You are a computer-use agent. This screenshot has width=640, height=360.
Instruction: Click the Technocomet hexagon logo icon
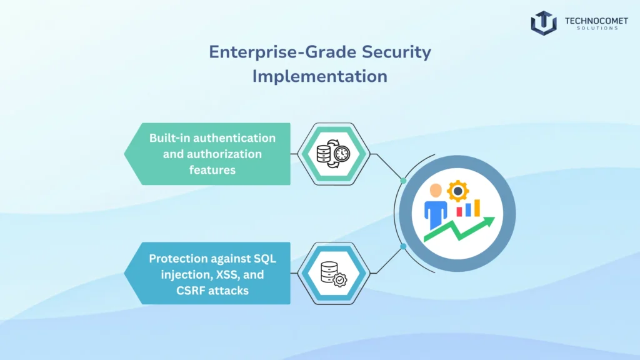pyautogui.click(x=544, y=23)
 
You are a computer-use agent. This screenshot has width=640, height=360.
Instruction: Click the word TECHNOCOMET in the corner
pyautogui.click(x=596, y=21)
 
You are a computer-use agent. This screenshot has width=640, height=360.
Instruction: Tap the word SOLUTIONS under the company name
pyautogui.click(x=597, y=28)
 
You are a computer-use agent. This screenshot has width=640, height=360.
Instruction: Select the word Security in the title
pyautogui.click(x=396, y=52)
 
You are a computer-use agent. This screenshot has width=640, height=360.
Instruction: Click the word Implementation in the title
pyautogui.click(x=319, y=76)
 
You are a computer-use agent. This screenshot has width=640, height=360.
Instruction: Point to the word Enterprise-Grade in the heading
pyautogui.click(x=283, y=52)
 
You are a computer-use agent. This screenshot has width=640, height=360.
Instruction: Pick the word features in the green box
pyautogui.click(x=212, y=170)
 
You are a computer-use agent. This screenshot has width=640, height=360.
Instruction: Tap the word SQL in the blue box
pyautogui.click(x=265, y=259)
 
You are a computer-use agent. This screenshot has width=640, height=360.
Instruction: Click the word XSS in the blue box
pyautogui.click(x=227, y=275)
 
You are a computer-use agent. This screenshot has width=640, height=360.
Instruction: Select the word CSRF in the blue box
pyautogui.click(x=190, y=291)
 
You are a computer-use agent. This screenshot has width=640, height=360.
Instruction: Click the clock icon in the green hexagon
pyautogui.click(x=342, y=154)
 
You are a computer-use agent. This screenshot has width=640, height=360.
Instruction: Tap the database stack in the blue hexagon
pyautogui.click(x=329, y=272)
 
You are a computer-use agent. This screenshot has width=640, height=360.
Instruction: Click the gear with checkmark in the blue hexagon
pyautogui.click(x=339, y=280)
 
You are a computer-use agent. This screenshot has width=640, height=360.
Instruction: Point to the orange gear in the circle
pyautogui.click(x=457, y=191)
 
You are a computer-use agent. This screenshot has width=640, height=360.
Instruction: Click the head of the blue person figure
pyautogui.click(x=436, y=191)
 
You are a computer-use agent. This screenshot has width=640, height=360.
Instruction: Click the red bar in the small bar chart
pyautogui.click(x=459, y=211)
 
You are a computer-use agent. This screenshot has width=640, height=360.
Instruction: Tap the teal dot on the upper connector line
pyautogui.click(x=403, y=181)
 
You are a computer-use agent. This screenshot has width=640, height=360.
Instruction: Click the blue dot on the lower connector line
pyautogui.click(x=403, y=246)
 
